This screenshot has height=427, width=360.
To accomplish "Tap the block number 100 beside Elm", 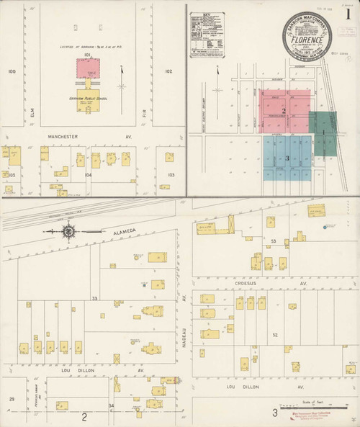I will pos(12,71).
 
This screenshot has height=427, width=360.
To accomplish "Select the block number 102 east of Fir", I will pos(168,71).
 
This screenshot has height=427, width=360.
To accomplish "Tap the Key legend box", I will pos(207,34).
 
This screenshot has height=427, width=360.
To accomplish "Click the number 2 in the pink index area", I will pos(285,111).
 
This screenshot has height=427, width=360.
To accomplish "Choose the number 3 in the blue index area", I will pos(287,158).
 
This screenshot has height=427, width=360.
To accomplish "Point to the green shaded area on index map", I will pos(323,133).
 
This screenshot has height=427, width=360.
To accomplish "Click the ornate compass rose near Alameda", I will pos(69,231).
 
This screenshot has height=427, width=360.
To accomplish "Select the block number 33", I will pos(94,297).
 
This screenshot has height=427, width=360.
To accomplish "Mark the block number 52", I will pos(274,335).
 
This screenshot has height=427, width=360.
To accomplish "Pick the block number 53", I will pos(274,241).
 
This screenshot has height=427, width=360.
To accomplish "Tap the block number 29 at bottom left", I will pos(11,398).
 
